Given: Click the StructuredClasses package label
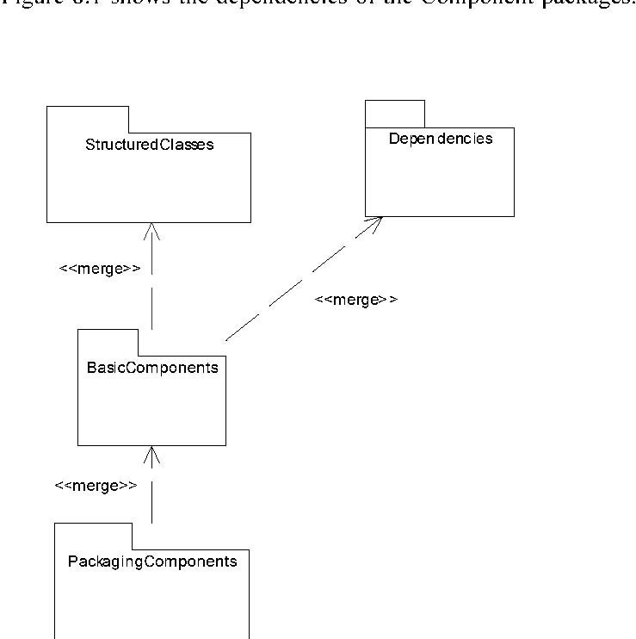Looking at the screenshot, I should [149, 144].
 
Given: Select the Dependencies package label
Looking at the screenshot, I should [441, 139].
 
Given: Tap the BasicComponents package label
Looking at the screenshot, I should [152, 368].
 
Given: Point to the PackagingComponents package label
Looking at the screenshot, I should [152, 561].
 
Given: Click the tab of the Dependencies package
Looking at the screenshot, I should [395, 114].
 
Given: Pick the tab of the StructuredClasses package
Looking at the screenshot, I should [87, 119].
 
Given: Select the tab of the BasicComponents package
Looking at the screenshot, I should [107, 341].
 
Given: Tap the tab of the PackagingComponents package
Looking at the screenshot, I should [94, 535].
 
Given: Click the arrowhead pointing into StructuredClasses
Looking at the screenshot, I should [152, 229].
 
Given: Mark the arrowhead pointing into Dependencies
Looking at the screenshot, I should [374, 222].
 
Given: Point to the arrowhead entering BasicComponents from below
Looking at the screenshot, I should [152, 453].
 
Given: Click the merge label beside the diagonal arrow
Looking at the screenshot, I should [355, 300].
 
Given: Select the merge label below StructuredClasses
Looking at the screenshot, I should [99, 269].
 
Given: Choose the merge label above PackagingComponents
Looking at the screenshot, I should [95, 486].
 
